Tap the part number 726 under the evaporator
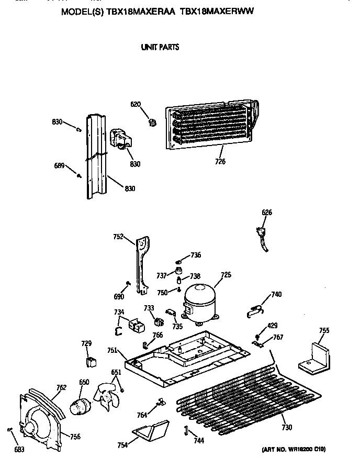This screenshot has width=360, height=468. [x=220, y=162]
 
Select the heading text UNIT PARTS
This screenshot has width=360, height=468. [x=160, y=47]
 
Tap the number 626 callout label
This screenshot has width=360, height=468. [x=266, y=213]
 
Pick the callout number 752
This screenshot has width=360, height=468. [x=118, y=237]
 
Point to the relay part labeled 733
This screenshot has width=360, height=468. [x=155, y=319]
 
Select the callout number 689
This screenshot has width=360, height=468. [x=60, y=166]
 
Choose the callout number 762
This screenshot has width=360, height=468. [x=61, y=388]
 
